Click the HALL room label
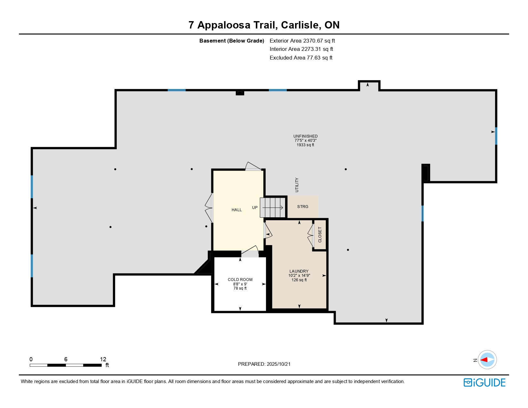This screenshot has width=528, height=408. (x=236, y=210)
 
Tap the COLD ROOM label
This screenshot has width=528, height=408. (x=240, y=280)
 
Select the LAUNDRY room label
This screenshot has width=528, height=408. (x=299, y=271)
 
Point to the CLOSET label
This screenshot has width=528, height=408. (x=320, y=235)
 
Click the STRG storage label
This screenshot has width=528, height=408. (x=302, y=207)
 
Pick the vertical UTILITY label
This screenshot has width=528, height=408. (x=297, y=185)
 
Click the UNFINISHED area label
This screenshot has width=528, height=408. (x=305, y=136)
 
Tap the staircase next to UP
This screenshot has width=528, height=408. (x=272, y=208)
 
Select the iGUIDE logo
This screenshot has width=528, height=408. (x=484, y=383)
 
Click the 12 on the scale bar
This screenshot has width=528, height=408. (x=103, y=359)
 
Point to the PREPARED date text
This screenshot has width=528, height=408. (x=264, y=364)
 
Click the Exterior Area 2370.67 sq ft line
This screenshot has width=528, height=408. (x=302, y=41)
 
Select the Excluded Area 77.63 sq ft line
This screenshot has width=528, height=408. (x=301, y=58)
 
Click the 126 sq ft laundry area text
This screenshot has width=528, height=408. (x=299, y=280)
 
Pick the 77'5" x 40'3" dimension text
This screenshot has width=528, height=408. (x=305, y=140)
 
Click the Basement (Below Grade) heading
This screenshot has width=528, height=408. (x=232, y=41)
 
